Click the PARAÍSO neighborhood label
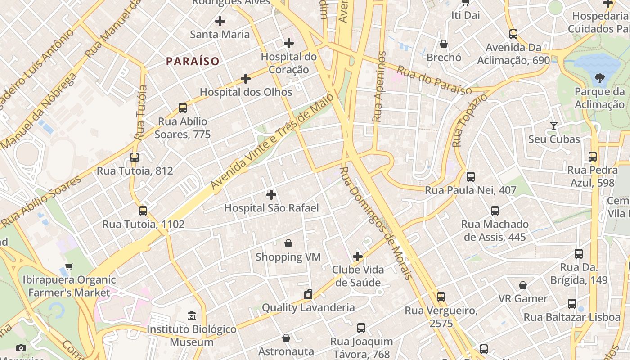tap(193, 61)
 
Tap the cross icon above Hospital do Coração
tap(289, 43)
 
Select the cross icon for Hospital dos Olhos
tap(246, 79)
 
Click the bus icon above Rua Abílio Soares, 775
tap(182, 108)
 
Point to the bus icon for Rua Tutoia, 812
tap(135, 157)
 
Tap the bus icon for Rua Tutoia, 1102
tap(143, 211)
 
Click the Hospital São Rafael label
tap(271, 208)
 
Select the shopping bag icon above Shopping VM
tap(288, 243)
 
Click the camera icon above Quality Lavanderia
tap(308, 294)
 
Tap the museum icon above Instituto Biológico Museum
tap(192, 315)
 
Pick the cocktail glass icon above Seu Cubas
tap(554, 126)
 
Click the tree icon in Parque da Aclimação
tap(599, 79)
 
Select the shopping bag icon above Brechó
tap(444, 44)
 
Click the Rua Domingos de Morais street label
tap(375, 223)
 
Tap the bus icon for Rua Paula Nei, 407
tap(471, 177)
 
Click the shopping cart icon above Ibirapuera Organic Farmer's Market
tap(69, 266)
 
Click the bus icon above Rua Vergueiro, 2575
tap(441, 297)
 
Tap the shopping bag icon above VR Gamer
tap(523, 285)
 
